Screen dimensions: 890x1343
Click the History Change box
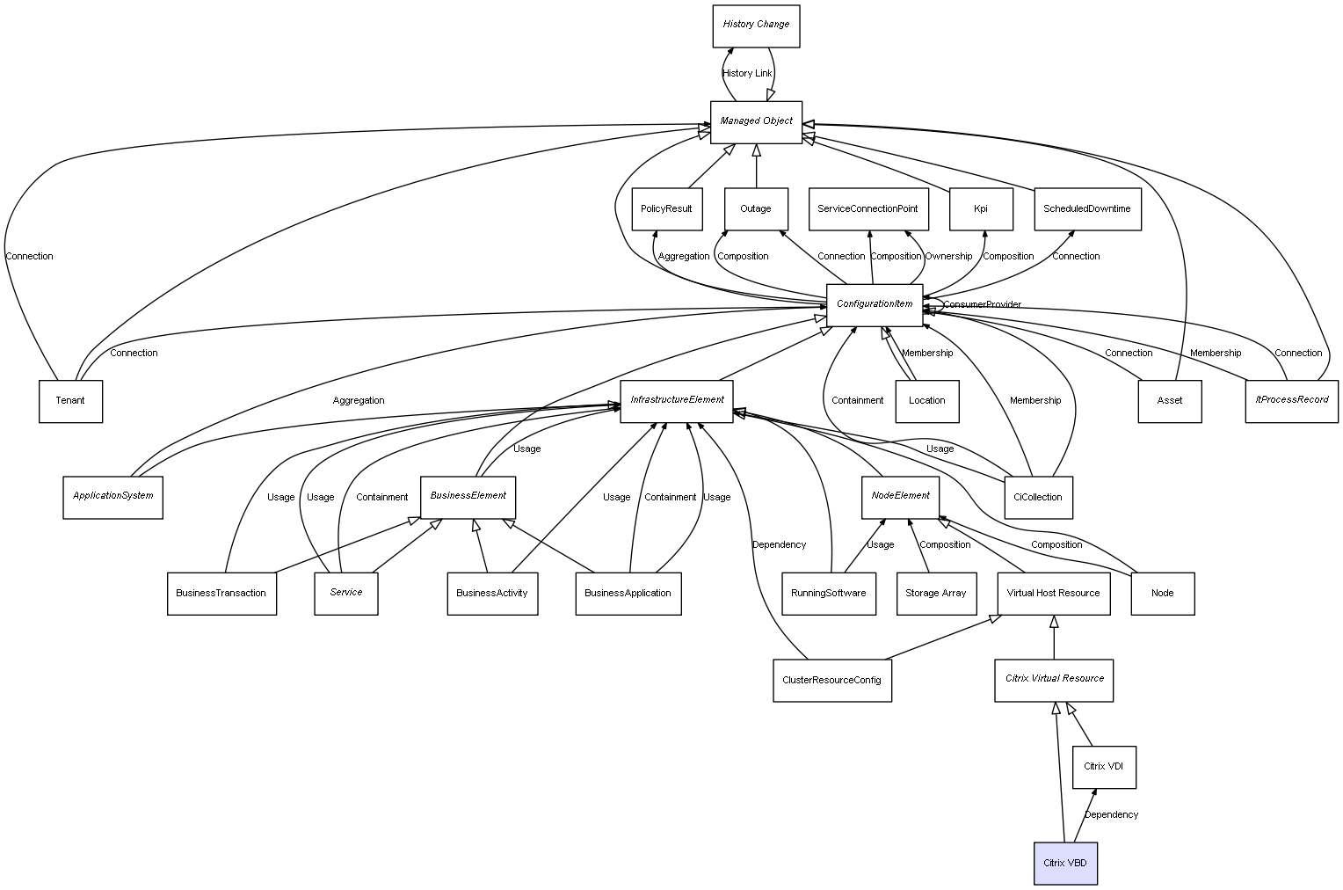pos(756,26)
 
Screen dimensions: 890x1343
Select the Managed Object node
pos(756,121)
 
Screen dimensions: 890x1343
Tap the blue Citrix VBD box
pos(1065,863)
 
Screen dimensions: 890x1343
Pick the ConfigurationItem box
pos(875,304)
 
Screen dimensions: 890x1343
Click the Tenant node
pos(70,401)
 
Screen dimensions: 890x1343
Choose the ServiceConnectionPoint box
pos(868,209)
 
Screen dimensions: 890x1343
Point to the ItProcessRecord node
pos(1291,400)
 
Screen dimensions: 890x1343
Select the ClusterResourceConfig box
pos(831,680)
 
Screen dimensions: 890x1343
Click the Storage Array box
pos(935,593)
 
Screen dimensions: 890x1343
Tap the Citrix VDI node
pos(1103,767)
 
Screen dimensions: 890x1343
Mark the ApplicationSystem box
pos(113,496)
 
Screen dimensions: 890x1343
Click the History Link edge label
pos(747,73)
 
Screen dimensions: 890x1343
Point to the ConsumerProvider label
pos(983,304)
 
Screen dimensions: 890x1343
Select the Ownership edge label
pos(948,256)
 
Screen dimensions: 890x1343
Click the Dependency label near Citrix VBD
pos(1111,814)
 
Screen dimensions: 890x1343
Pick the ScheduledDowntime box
pos(1086,209)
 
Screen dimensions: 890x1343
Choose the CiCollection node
pos(1037,497)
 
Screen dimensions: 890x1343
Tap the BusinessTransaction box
pos(221,593)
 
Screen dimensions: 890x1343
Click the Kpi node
pos(981,209)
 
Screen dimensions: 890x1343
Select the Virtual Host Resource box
pos(1053,593)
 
